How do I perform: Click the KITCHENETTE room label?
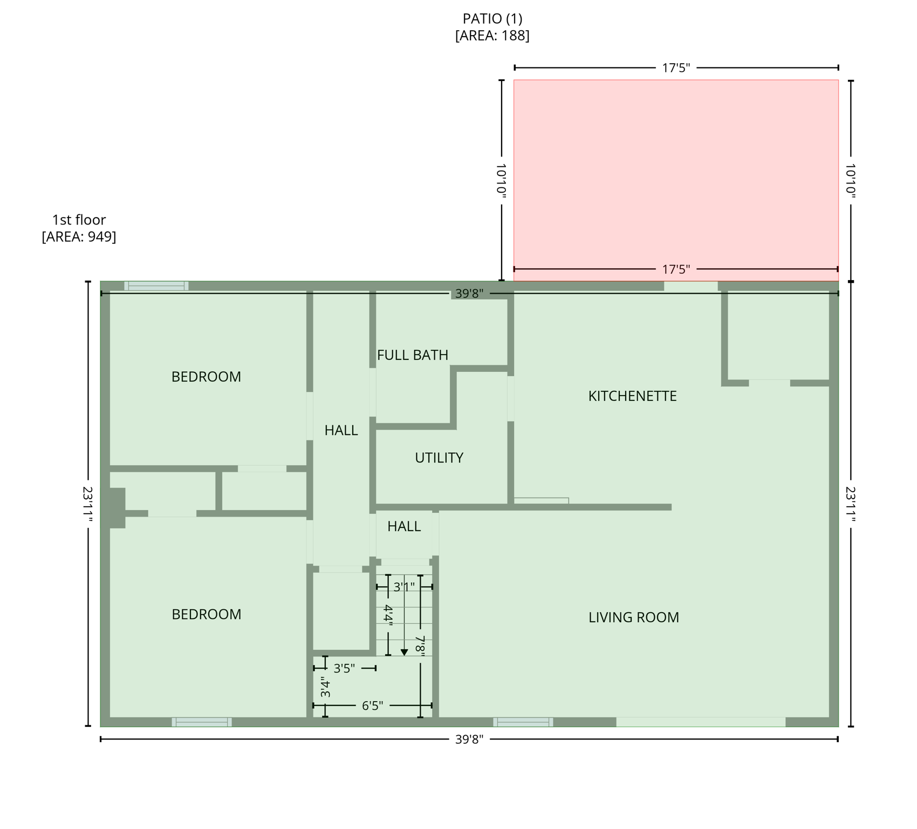[632, 396]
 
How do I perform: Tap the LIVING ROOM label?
[633, 617]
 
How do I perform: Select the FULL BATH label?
[413, 355]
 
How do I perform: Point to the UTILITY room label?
[439, 458]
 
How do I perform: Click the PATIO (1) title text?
[492, 19]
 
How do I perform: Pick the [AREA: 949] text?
[79, 237]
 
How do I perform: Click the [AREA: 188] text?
[492, 36]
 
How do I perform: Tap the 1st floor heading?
[79, 220]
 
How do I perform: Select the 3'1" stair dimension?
[404, 587]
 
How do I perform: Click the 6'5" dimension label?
[372, 706]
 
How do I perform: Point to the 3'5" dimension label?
[344, 669]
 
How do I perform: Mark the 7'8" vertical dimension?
[420, 645]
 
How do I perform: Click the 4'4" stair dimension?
[388, 615]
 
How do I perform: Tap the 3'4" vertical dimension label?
[325, 687]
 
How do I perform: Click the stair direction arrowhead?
[404, 653]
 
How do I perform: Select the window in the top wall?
[156, 286]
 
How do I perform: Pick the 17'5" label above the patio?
[676, 68]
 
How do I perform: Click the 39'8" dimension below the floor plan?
[469, 739]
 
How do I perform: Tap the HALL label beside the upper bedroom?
[341, 431]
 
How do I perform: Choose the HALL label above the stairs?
[404, 527]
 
